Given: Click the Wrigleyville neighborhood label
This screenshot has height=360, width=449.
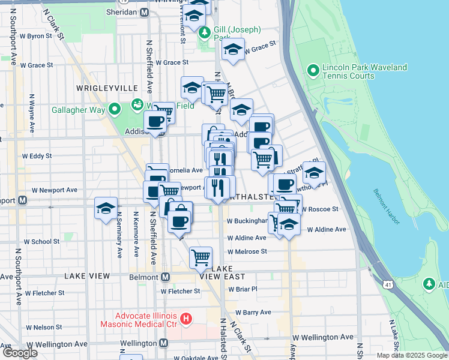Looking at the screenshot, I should [107, 88].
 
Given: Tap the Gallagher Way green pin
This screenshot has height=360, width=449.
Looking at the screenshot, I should [116, 109].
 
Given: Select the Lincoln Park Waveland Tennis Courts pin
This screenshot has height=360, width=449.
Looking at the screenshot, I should [313, 71].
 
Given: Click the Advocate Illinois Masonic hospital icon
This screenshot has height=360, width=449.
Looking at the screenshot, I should [186, 318].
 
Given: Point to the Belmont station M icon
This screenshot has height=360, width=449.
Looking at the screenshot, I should [166, 277].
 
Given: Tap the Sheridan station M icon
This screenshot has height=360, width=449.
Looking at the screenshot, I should [144, 11].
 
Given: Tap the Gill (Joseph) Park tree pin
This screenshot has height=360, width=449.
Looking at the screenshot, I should [205, 32].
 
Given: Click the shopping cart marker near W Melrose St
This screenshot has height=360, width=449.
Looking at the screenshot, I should [200, 257].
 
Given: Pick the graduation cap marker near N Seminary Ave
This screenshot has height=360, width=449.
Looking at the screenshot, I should [106, 209].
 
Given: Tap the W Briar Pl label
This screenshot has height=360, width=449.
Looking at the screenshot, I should [243, 289].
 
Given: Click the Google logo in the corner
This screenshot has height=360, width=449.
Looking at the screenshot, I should [20, 353].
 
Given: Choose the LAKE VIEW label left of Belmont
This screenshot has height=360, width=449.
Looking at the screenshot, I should [88, 276].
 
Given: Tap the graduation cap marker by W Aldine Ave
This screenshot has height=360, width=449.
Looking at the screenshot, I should [289, 225].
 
